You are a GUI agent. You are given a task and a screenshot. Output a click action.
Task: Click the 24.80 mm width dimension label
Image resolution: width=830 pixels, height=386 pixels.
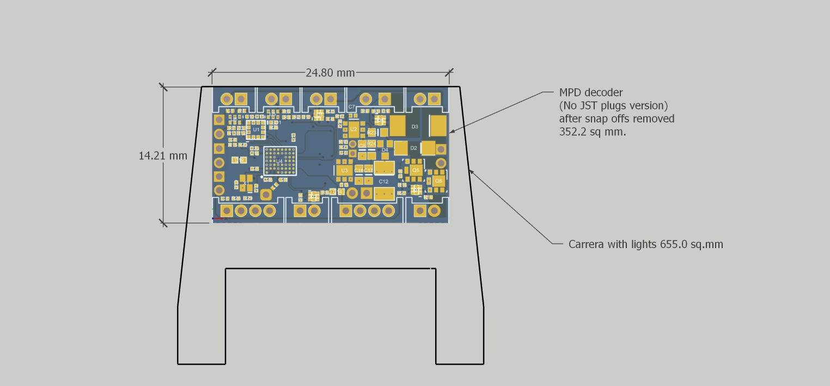[x=330, y=73]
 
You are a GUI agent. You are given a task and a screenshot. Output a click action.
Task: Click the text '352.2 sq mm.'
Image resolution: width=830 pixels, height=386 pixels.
[x=593, y=131]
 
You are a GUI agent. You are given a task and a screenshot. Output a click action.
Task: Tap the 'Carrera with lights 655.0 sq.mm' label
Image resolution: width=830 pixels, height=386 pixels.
[x=645, y=244]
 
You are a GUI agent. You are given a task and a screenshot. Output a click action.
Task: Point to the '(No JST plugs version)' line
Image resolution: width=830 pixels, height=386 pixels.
[x=613, y=105]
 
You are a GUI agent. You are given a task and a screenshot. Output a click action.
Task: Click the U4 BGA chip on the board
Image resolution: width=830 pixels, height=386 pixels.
[x=279, y=161]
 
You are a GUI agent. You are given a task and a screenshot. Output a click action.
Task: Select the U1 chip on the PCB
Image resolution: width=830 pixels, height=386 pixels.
[x=256, y=130]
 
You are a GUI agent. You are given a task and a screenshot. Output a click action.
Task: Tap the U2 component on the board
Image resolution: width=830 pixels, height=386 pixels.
[x=353, y=129]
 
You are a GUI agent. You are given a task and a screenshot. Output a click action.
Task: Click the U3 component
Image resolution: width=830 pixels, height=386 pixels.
[x=344, y=171]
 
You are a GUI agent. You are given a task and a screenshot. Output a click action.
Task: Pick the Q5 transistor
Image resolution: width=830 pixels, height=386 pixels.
[x=416, y=170]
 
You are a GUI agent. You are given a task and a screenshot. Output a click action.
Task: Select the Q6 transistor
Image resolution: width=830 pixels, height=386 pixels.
[x=438, y=181]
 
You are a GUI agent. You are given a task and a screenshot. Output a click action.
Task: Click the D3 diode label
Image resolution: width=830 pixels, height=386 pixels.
[x=414, y=126]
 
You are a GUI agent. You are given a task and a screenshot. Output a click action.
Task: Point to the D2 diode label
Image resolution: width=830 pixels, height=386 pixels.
[x=414, y=148]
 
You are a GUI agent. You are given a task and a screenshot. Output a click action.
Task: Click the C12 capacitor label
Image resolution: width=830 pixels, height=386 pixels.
[x=383, y=181]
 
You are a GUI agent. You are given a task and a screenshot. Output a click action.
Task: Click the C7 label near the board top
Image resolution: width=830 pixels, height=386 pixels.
[x=351, y=107]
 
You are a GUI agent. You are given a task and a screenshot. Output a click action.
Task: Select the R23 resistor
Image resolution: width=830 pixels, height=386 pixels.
[x=371, y=132]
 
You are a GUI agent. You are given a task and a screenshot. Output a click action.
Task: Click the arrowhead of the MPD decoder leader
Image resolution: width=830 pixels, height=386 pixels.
[x=450, y=131]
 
